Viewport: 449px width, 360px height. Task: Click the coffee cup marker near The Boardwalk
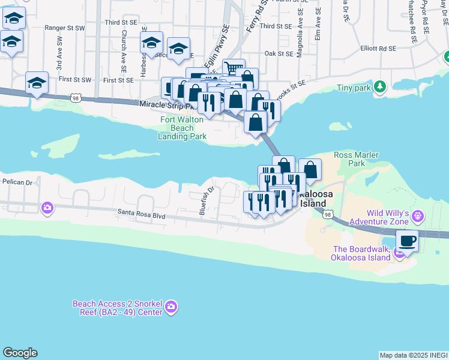click(x=408, y=241)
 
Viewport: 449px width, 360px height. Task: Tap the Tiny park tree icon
click(x=379, y=88)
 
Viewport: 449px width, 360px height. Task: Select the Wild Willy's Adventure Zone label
click(x=387, y=217)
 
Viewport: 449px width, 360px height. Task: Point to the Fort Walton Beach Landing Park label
click(x=182, y=128)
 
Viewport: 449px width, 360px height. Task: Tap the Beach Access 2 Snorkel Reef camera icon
click(x=171, y=307)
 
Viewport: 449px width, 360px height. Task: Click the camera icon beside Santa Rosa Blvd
click(x=47, y=208)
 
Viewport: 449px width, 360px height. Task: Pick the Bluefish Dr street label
click(x=206, y=200)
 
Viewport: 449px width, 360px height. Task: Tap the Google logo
click(x=20, y=353)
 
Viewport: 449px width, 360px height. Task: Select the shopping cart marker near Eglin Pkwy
click(x=234, y=68)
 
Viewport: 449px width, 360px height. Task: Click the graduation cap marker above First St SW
click(x=37, y=83)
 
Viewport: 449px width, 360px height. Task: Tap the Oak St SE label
click(x=278, y=53)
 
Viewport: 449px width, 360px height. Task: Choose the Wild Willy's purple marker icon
click(x=418, y=214)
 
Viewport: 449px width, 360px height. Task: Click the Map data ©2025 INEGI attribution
click(x=414, y=355)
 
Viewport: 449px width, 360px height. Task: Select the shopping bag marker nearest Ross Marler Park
click(x=310, y=169)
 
